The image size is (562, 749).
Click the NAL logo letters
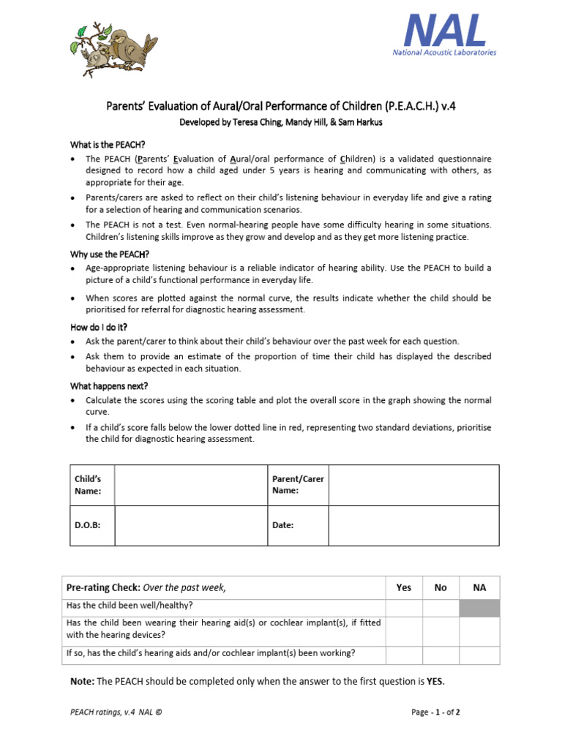(x=445, y=31)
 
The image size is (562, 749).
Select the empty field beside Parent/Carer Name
(x=413, y=485)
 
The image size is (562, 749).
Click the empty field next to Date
(x=413, y=525)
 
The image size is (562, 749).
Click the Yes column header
(x=404, y=587)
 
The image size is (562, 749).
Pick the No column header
(x=441, y=587)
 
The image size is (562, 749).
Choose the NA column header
(x=479, y=587)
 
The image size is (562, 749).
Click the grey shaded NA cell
(x=479, y=608)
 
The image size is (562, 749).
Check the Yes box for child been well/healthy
(x=404, y=608)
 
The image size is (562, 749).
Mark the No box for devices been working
(x=441, y=655)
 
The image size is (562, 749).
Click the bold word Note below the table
(x=82, y=682)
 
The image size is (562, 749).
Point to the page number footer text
(x=435, y=712)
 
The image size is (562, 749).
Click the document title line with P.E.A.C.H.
(x=281, y=107)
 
